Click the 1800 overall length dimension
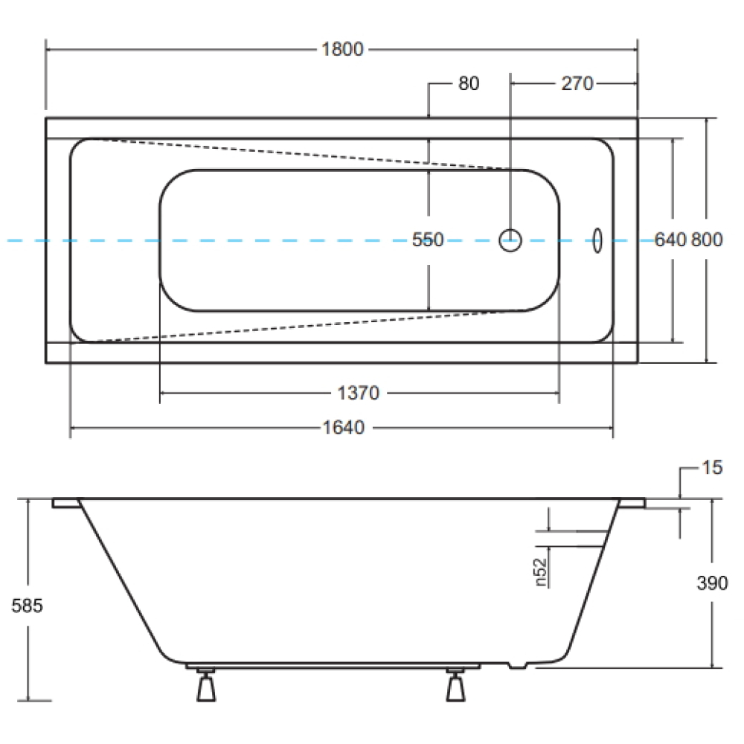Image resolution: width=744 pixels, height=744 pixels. tap(342, 49)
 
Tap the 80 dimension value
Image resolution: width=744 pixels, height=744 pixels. tap(468, 83)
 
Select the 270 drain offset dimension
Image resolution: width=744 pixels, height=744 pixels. tap(577, 83)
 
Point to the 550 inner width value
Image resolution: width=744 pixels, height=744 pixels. tap(428, 240)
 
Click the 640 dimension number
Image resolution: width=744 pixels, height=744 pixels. tap(670, 240)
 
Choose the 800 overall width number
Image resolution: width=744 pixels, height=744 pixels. tap(707, 240)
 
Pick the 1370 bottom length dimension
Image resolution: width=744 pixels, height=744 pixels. tap(359, 393)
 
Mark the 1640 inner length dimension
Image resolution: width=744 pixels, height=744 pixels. tap(344, 428)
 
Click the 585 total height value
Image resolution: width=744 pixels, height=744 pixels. tap(27, 606)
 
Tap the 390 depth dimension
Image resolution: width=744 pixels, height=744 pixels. tap(712, 583)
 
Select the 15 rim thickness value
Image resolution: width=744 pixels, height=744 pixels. tap(712, 467)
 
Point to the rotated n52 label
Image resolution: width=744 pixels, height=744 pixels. tap(540, 572)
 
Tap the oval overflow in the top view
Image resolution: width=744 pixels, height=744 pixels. tap(597, 240)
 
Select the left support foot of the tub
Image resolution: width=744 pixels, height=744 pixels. tap(206, 684)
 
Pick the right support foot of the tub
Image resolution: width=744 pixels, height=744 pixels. tap(455, 684)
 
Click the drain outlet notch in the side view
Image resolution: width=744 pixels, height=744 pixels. tap(518, 665)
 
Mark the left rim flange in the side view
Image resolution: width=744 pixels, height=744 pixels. tap(67, 503)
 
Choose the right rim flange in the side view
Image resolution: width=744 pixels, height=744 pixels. tap(632, 503)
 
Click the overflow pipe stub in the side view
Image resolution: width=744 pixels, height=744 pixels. tap(571, 539)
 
